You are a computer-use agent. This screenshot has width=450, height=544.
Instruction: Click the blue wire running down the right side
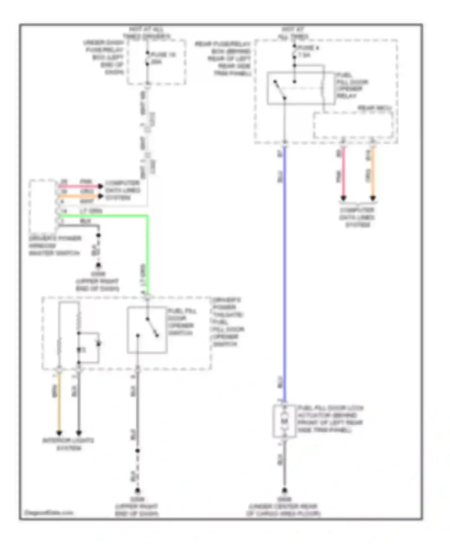[x=284, y=270]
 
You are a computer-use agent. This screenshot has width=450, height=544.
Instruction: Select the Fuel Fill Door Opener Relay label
[x=352, y=85]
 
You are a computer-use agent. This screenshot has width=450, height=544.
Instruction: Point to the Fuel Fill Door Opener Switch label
[x=181, y=322]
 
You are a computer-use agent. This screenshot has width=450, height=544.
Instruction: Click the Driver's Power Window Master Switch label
[x=55, y=246]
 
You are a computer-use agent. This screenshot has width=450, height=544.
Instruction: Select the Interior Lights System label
[x=68, y=444]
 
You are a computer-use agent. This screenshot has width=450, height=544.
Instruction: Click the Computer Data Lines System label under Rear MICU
[x=357, y=217]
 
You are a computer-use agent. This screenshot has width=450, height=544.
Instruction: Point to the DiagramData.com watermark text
[x=49, y=513]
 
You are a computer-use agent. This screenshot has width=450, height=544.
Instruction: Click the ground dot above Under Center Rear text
[x=284, y=491]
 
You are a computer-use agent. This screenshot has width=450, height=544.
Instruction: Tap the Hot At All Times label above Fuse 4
[x=293, y=33]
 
